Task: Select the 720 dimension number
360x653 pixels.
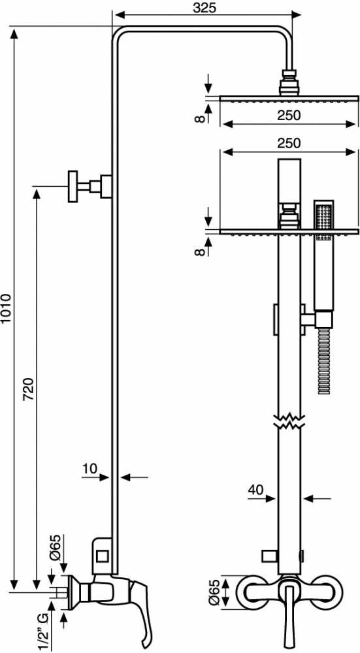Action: tap(29, 389)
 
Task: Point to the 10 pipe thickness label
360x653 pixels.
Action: tap(90, 468)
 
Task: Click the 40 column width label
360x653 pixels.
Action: tap(256, 490)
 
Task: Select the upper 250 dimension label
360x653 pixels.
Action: tap(288, 115)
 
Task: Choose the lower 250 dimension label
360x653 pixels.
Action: tap(288, 143)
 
